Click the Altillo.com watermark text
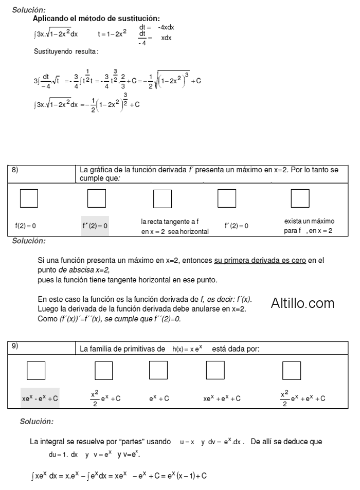(x=302, y=303)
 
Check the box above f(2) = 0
(x=29, y=198)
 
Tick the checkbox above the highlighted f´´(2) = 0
(x=97, y=198)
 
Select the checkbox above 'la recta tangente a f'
(x=163, y=198)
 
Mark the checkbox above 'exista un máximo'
(x=300, y=198)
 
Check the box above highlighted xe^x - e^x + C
(x=36, y=370)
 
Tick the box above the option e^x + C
(x=158, y=370)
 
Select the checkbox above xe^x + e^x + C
(x=215, y=370)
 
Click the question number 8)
(x=15, y=169)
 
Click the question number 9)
(x=15, y=346)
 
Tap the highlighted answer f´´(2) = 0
(x=95, y=226)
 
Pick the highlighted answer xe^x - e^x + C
(x=40, y=398)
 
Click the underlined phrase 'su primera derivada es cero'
(x=260, y=261)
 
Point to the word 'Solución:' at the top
(x=29, y=10)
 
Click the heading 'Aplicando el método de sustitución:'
(x=96, y=19)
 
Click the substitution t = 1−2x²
(x=112, y=34)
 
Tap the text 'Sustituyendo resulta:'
(x=66, y=51)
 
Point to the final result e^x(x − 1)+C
(x=187, y=476)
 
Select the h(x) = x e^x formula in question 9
(x=187, y=349)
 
